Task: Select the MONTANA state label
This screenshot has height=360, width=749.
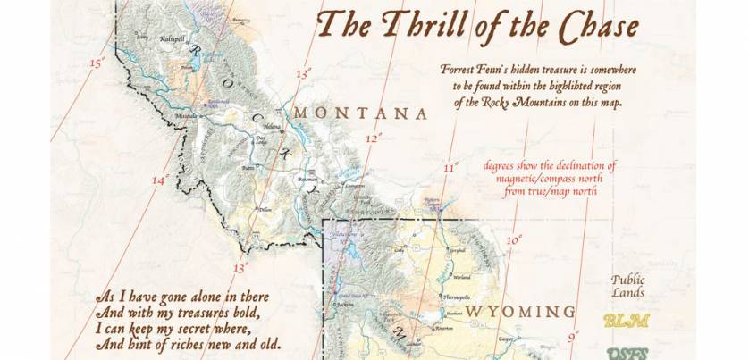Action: click(359, 113)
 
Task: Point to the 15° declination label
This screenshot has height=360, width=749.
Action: click(97, 63)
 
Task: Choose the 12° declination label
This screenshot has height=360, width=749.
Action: click(374, 138)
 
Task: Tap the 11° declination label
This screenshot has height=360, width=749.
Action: click(450, 167)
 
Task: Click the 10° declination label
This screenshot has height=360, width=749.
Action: click(514, 239)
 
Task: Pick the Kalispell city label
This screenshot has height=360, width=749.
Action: click(171, 39)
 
